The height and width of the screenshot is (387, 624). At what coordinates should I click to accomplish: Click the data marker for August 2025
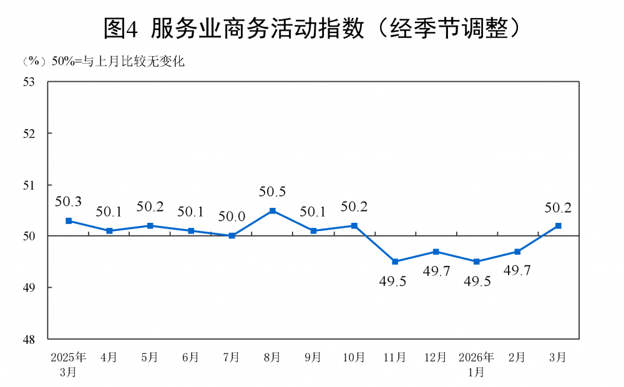click(273, 210)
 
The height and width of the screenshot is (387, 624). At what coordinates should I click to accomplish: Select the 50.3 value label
click(69, 202)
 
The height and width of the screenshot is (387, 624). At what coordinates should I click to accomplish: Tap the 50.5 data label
click(273, 192)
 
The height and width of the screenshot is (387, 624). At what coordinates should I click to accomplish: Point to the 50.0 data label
click(232, 217)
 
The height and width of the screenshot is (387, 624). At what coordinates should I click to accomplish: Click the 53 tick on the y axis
click(29, 82)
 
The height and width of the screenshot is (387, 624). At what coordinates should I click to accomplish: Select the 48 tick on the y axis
click(29, 340)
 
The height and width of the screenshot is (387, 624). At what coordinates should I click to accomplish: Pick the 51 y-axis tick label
click(29, 185)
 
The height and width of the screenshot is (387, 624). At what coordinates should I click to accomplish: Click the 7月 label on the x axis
click(232, 358)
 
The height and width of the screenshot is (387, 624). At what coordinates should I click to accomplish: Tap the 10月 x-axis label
click(354, 358)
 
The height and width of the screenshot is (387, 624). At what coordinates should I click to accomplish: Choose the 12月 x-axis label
click(436, 358)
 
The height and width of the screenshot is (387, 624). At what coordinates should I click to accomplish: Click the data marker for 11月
click(395, 262)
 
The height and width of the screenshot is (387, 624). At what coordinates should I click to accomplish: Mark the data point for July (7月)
click(232, 236)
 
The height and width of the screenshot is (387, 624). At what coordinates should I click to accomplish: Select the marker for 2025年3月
click(69, 221)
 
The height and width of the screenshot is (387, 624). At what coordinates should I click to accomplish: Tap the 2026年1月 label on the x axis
click(476, 365)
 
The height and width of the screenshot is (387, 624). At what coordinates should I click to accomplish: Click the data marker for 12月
click(436, 252)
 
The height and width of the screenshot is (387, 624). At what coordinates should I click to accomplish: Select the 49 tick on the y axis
click(29, 288)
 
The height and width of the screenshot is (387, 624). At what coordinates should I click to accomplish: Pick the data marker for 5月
click(150, 225)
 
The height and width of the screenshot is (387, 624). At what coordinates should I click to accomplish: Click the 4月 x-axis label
click(109, 358)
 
